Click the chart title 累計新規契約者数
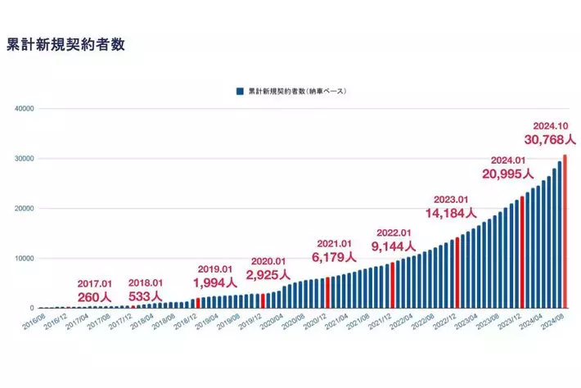[x=65, y=44]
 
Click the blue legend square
[x=239, y=92]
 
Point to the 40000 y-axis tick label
[x=22, y=108]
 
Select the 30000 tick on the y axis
[x=22, y=158]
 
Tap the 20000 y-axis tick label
[x=22, y=208]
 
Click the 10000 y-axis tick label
[x=22, y=258]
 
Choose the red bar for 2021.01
[x=327, y=292]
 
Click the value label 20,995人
[x=507, y=174]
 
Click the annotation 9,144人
[x=393, y=245]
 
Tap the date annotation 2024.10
[x=549, y=126]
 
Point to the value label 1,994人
[x=217, y=282]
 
